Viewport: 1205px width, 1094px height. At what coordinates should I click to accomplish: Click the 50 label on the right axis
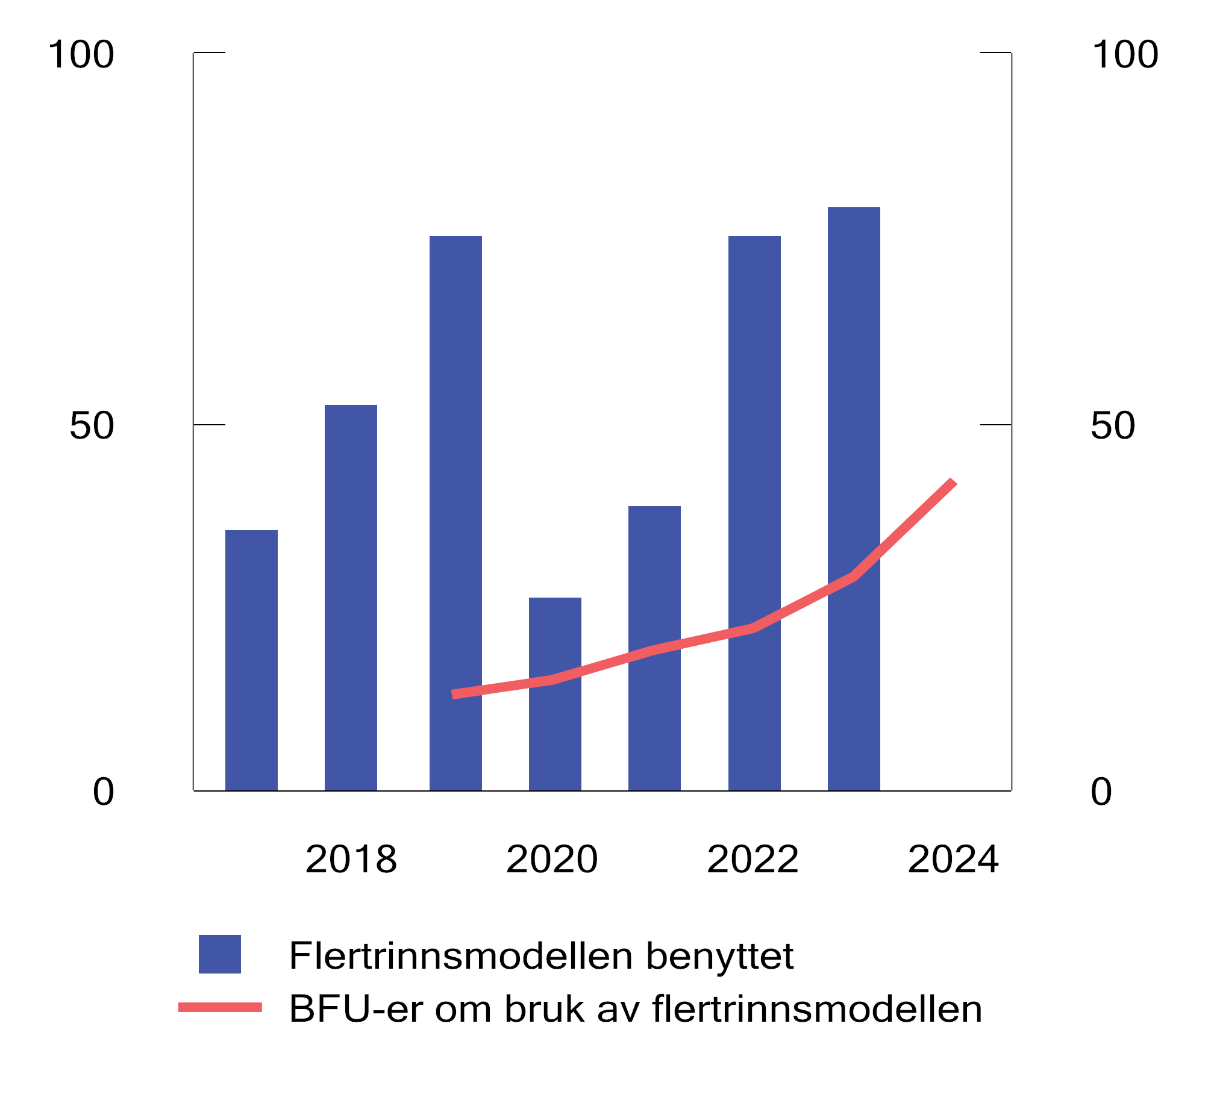(1112, 425)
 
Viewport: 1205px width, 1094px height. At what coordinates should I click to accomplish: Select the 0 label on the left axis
(103, 792)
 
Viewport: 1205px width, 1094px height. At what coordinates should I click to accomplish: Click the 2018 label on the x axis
(351, 859)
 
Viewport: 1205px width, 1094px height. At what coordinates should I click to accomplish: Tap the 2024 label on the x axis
(953, 859)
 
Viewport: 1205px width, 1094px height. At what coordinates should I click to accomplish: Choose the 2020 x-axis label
(552, 859)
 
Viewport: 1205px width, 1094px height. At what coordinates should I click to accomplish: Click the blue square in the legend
(220, 954)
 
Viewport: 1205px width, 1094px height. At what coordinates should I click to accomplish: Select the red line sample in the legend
(220, 1007)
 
